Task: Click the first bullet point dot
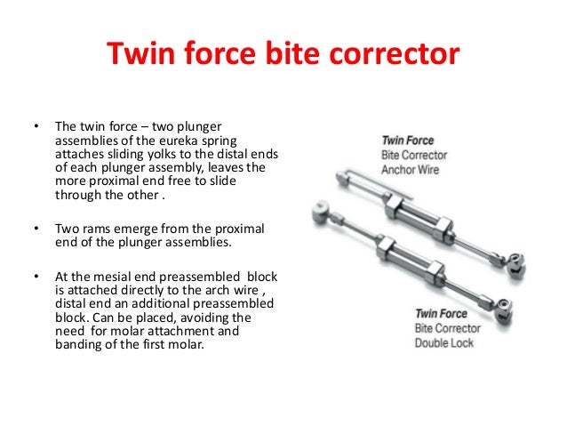click(36, 126)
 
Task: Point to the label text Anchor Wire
click(413, 169)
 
